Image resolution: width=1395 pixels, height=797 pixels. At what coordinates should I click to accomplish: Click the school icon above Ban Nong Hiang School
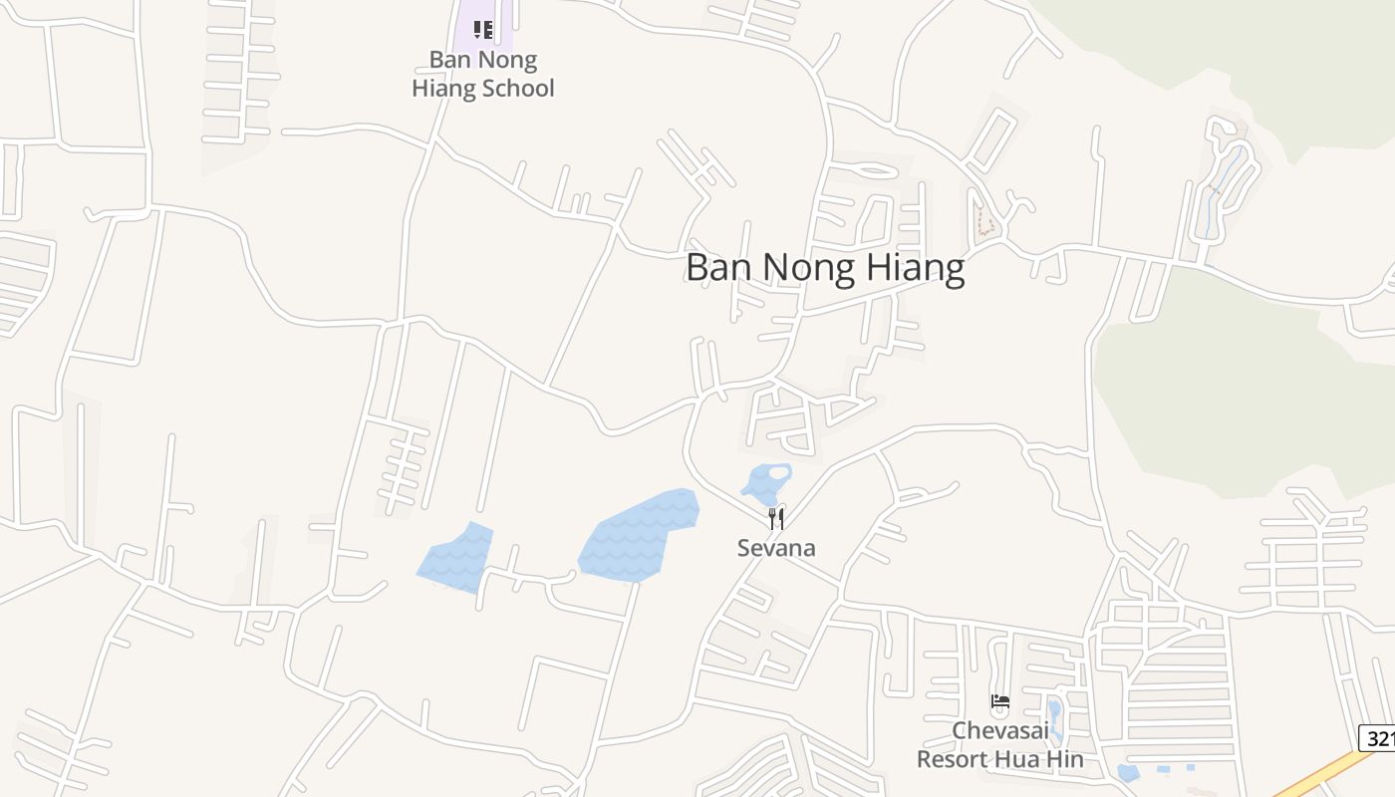483,30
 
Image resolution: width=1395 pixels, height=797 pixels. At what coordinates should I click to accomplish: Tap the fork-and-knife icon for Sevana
776,518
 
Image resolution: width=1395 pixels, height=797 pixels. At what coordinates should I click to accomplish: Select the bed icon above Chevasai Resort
1000,701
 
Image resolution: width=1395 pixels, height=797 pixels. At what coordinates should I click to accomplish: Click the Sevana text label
776,548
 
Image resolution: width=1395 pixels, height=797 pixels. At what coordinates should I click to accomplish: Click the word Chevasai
999,731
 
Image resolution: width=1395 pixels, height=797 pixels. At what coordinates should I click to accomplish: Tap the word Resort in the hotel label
957,759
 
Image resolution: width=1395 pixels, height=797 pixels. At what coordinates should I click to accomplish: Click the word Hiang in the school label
443,89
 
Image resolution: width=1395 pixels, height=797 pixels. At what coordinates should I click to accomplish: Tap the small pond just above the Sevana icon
766,482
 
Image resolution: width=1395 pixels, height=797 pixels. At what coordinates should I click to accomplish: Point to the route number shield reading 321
1377,738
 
